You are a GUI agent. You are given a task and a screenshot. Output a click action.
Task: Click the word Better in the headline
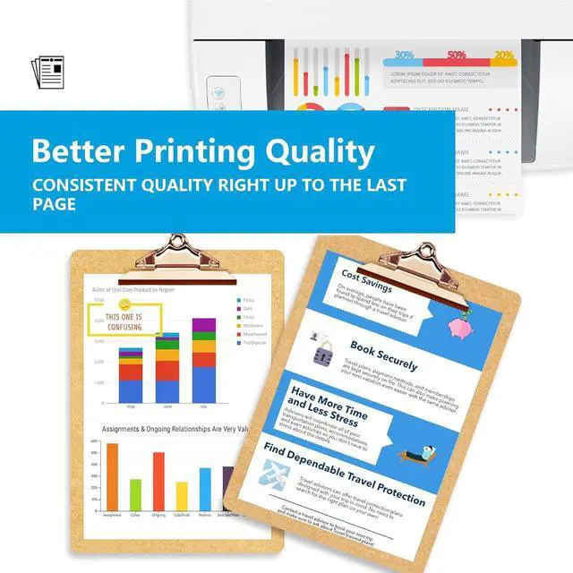(x=79, y=150)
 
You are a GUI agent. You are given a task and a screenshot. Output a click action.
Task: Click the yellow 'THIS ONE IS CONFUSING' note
(x=124, y=321)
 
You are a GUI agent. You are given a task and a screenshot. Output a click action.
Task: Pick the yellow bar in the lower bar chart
(x=182, y=495)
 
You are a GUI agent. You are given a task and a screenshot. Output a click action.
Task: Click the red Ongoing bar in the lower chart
(x=158, y=480)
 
